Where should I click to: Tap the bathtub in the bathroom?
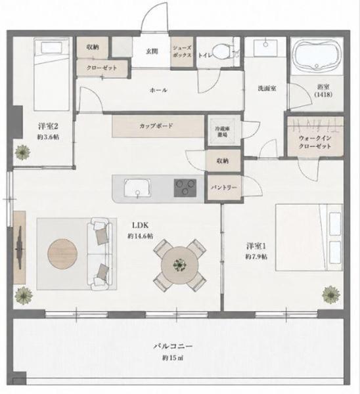click(317, 56)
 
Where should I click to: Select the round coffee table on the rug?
click(62, 253)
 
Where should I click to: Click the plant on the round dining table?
click(180, 265)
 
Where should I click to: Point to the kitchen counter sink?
click(137, 188)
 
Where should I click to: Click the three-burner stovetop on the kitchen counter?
click(185, 188)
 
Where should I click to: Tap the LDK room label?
click(141, 225)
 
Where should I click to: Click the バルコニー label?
click(173, 346)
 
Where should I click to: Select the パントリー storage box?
click(223, 187)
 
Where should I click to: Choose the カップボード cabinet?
click(158, 126)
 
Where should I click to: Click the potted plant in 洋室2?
click(22, 152)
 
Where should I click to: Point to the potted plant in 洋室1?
click(331, 294)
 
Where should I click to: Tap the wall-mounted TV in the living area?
click(20, 248)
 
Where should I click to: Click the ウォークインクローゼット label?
click(315, 142)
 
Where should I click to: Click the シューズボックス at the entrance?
click(182, 52)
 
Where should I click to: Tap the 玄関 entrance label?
click(152, 51)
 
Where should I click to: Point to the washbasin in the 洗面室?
click(265, 47)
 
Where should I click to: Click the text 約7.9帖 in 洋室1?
click(257, 257)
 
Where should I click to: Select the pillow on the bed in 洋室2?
click(51, 47)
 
